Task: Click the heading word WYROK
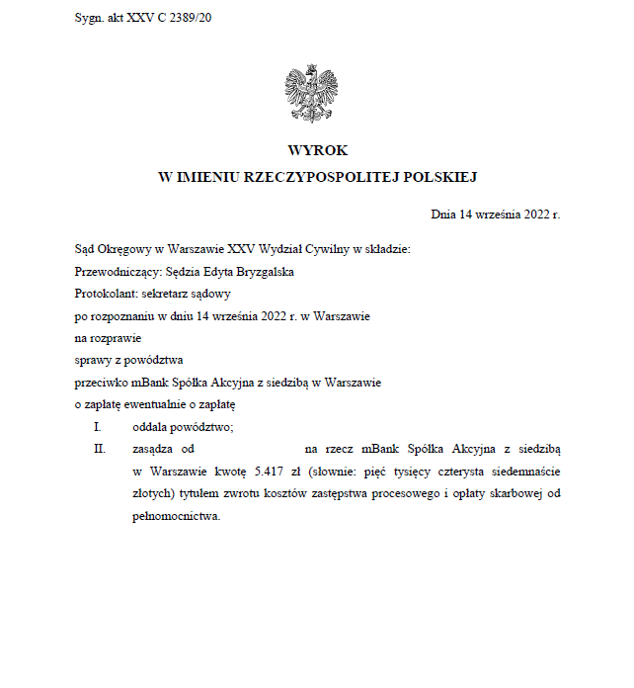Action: pyautogui.click(x=317, y=150)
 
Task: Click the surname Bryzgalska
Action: pyautogui.click(x=260, y=271)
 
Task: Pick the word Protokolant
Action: pyautogui.click(x=105, y=294)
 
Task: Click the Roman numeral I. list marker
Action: pyautogui.click(x=98, y=427)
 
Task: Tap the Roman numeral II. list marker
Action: pyautogui.click(x=100, y=449)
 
